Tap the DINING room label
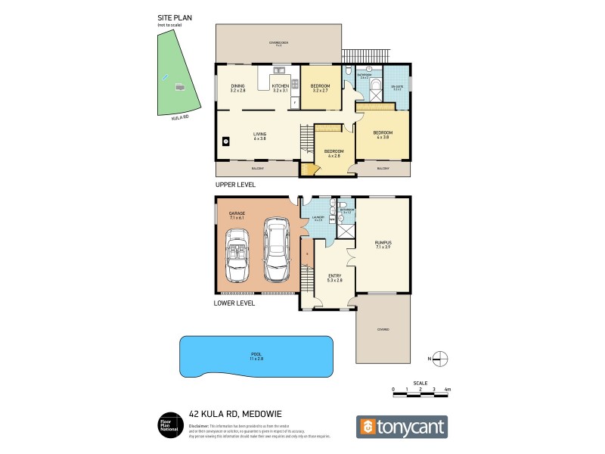tap(238, 87)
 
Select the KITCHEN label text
tap(281, 87)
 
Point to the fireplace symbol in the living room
tap(225, 140)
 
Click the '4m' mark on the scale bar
tap(448, 389)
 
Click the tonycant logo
tap(402, 427)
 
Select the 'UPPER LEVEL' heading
tap(236, 185)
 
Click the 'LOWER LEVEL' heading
tap(235, 303)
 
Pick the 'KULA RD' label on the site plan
tap(179, 118)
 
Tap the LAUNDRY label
tap(319, 218)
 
